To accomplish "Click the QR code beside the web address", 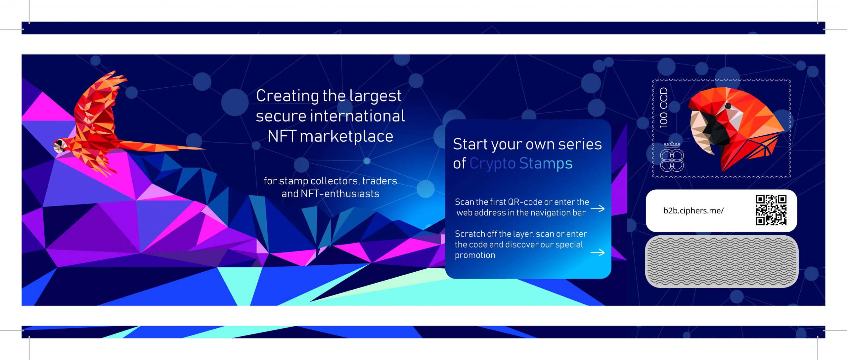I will [771, 210].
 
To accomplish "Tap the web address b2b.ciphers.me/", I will [693, 211].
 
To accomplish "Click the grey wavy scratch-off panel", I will [721, 261].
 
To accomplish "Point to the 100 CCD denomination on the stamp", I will [664, 108].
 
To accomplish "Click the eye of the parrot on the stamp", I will [728, 106].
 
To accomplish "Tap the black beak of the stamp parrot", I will [715, 131].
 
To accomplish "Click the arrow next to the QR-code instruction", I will [598, 208].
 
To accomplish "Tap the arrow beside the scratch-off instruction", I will [598, 253].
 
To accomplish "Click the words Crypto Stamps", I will [521, 163].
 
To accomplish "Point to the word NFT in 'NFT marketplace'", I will [281, 136].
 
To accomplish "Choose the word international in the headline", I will [357, 116].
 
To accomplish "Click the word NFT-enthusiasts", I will [340, 194].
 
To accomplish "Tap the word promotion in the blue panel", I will [475, 255].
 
